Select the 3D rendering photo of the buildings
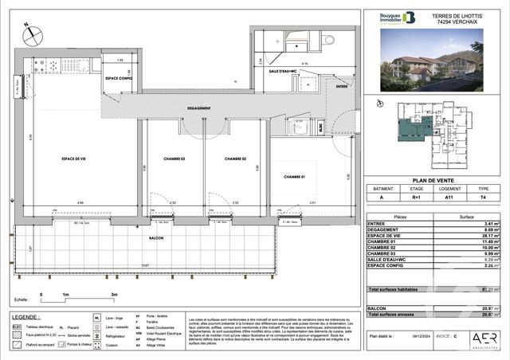tap(433, 65)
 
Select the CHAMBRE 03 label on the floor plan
tap(172, 159)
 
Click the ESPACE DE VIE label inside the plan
tap(76, 159)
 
